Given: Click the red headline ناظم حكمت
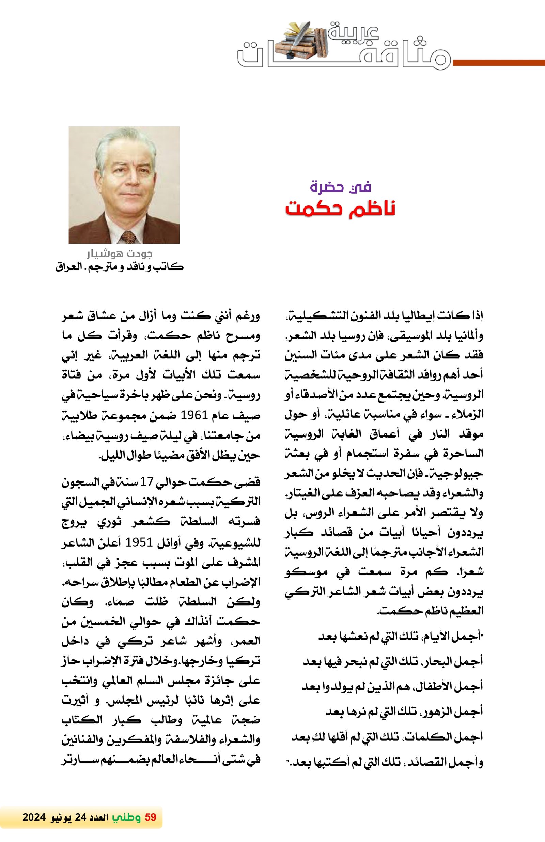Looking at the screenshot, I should (x=340, y=209).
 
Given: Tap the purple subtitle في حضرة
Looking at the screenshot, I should (x=340, y=186).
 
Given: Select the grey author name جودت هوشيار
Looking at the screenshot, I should (x=120, y=254).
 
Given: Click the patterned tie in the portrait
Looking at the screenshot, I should (x=128, y=236).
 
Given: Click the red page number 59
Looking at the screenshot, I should (x=150, y=817).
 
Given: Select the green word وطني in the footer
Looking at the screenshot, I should (x=126, y=817).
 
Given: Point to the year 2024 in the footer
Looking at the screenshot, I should (x=34, y=817).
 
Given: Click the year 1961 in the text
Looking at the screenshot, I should (x=193, y=415).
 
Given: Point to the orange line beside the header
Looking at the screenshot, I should (x=498, y=63).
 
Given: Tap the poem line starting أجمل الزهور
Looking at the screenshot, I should (x=404, y=711).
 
